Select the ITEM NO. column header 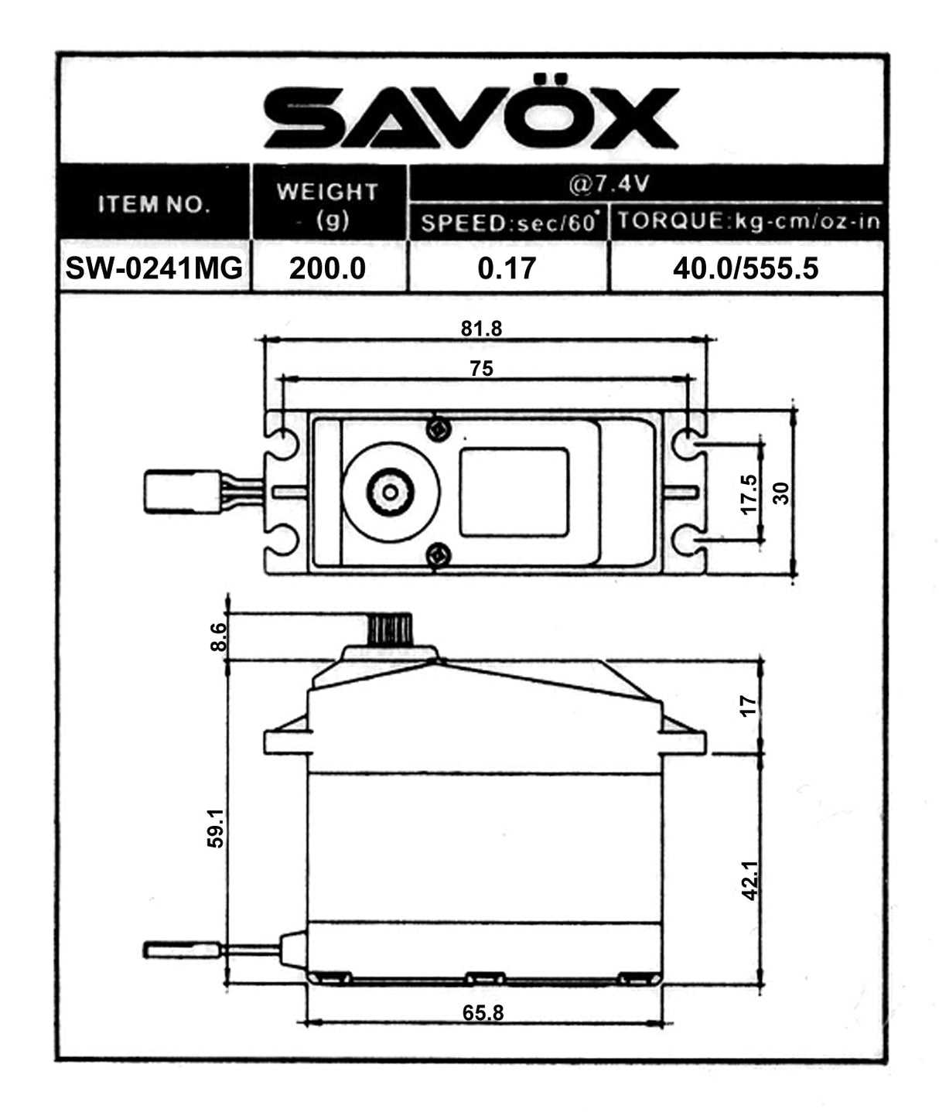[x=154, y=205]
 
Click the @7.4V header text [x=609, y=185]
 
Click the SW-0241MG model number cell [x=154, y=268]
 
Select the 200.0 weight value [x=327, y=268]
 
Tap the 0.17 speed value [x=507, y=268]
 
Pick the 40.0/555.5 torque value [x=746, y=268]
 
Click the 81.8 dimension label [x=481, y=329]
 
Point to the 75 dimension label [x=481, y=369]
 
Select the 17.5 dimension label [x=749, y=493]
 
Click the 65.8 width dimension [x=483, y=1012]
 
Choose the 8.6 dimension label [x=218, y=636]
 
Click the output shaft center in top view [x=391, y=492]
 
